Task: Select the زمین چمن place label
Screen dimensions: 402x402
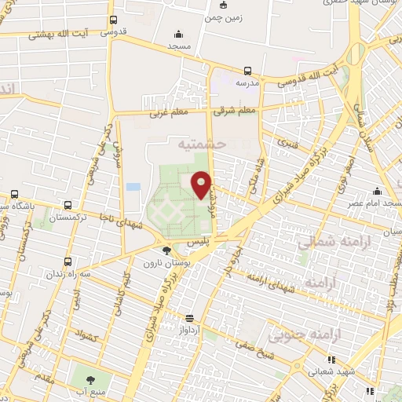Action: (x=223, y=16)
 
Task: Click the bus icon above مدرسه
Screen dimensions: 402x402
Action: (x=248, y=70)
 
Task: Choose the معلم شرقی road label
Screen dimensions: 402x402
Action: (x=237, y=111)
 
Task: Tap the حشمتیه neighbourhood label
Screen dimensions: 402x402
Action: (x=202, y=144)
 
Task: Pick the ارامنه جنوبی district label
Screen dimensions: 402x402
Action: (x=298, y=337)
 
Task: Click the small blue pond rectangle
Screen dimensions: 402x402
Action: (x=133, y=187)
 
